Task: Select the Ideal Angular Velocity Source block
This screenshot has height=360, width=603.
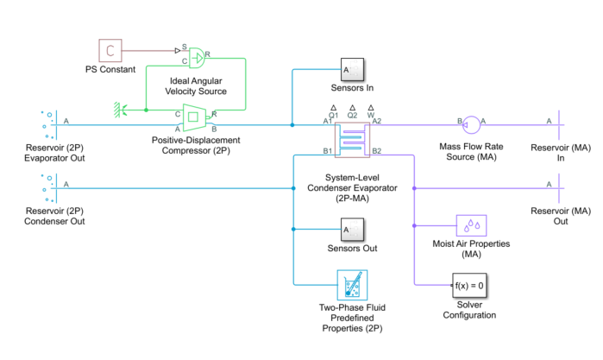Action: point(197,57)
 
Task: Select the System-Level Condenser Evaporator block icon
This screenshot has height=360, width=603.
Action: point(352,139)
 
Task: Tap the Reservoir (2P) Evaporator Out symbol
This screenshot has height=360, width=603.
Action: point(48,125)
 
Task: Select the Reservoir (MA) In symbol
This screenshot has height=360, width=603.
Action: point(562,125)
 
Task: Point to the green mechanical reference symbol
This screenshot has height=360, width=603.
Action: point(121,110)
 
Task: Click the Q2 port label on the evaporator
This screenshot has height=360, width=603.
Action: point(352,114)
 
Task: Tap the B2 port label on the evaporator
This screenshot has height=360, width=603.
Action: point(377,152)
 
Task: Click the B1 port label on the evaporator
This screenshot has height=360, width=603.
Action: point(327,152)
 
